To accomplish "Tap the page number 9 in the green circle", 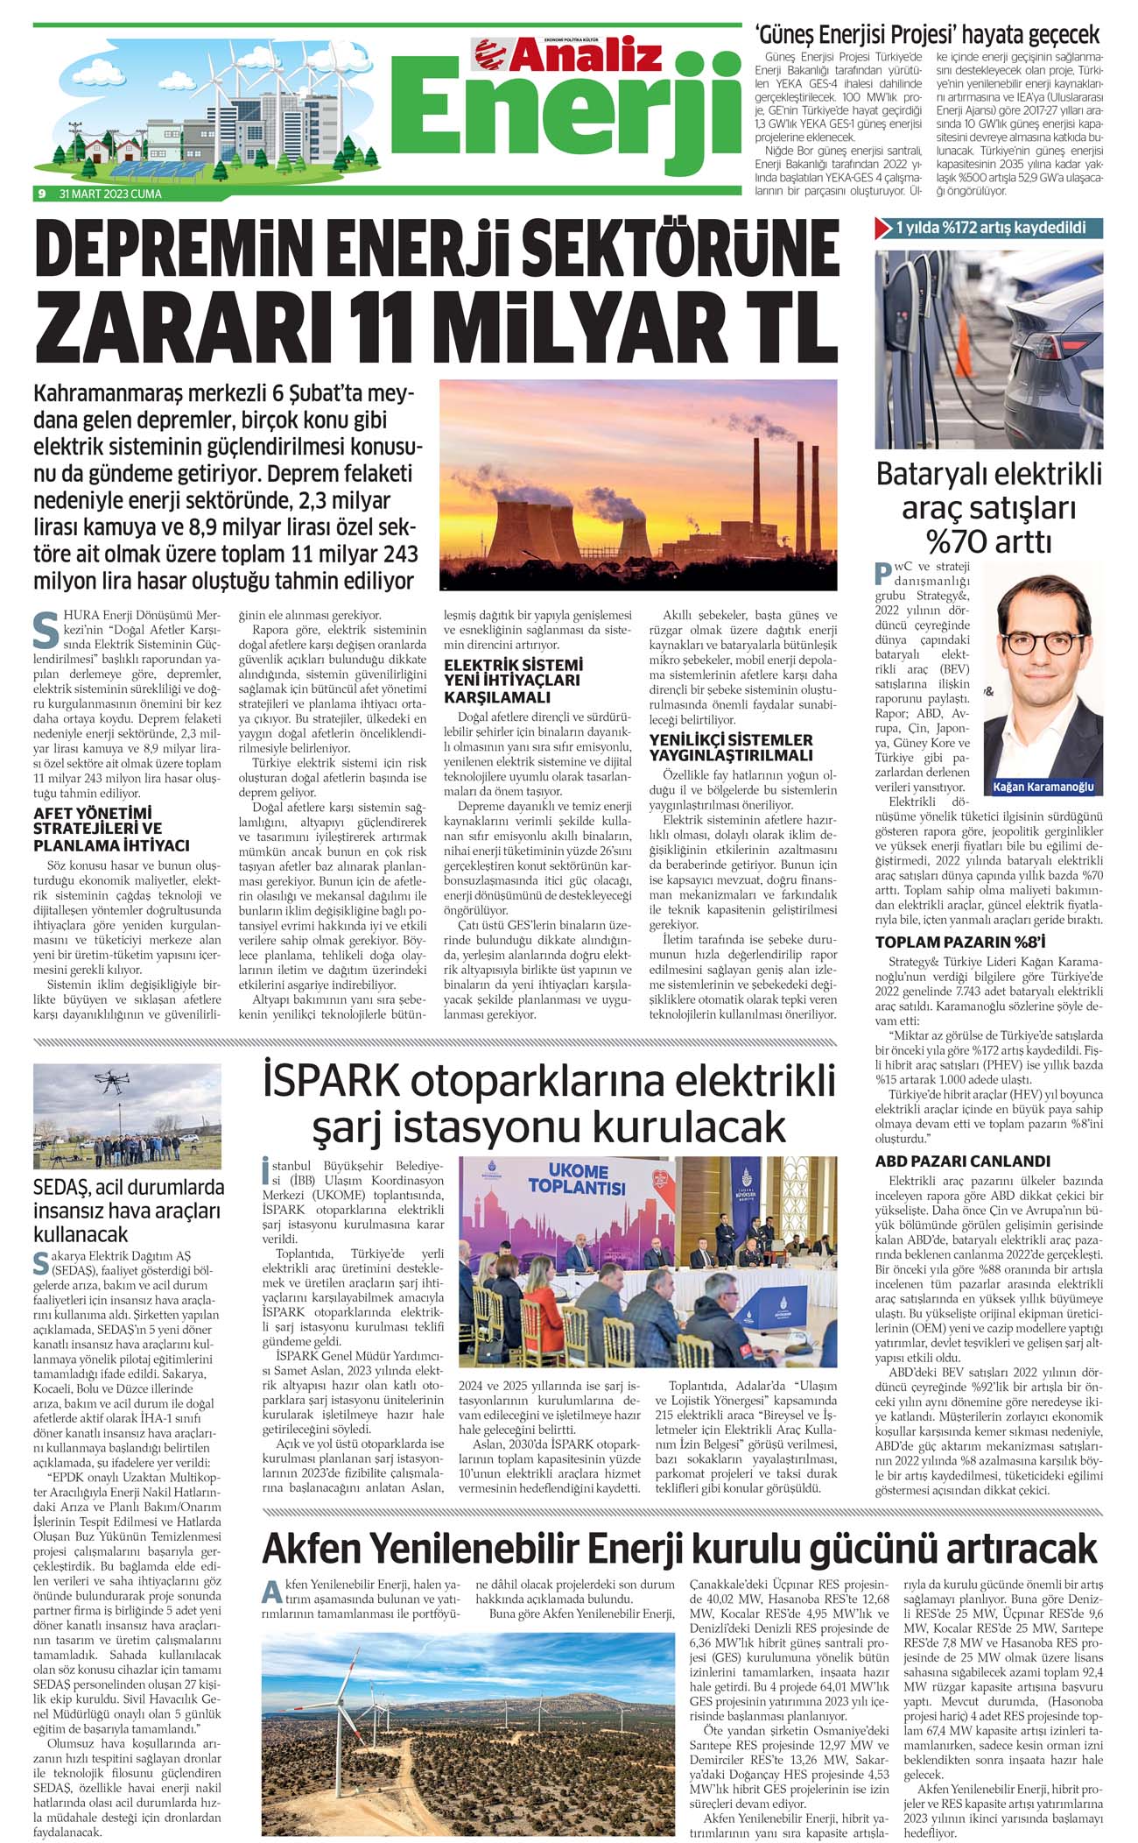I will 41,194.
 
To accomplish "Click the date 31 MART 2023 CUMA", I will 110,194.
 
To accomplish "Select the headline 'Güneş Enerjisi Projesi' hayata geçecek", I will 927,35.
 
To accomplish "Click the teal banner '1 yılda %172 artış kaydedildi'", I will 989,228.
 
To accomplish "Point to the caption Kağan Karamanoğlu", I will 1043,787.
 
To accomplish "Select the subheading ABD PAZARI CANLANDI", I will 962,1162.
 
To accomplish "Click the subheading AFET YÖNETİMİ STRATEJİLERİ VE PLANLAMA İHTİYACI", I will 111,829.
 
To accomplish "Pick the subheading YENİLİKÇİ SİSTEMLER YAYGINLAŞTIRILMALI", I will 730,747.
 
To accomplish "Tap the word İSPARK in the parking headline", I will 331,1081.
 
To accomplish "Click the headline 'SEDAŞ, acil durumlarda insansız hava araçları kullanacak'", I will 129,1211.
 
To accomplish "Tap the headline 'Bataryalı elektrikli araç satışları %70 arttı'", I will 989,508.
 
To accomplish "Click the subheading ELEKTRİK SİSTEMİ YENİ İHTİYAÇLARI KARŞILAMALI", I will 513,681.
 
